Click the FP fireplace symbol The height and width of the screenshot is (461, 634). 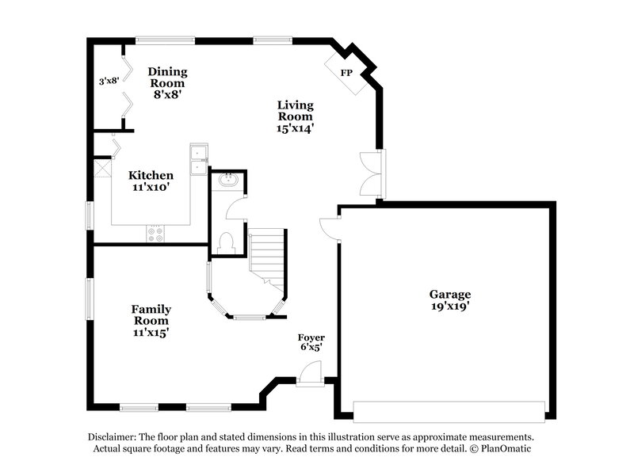coord(346,74)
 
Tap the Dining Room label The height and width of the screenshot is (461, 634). coord(166,78)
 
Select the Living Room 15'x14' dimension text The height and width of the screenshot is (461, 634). coord(295,128)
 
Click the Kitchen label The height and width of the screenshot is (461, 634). coord(151,175)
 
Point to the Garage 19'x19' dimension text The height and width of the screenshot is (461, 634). coord(451,306)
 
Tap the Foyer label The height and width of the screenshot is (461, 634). coord(311,337)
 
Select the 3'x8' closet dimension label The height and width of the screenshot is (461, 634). coord(108,81)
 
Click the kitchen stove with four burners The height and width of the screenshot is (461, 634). coord(155,234)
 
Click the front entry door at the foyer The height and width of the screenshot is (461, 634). coord(311,372)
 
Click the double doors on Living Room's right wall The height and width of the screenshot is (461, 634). coord(371,173)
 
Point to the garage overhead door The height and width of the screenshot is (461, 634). coord(449,411)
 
